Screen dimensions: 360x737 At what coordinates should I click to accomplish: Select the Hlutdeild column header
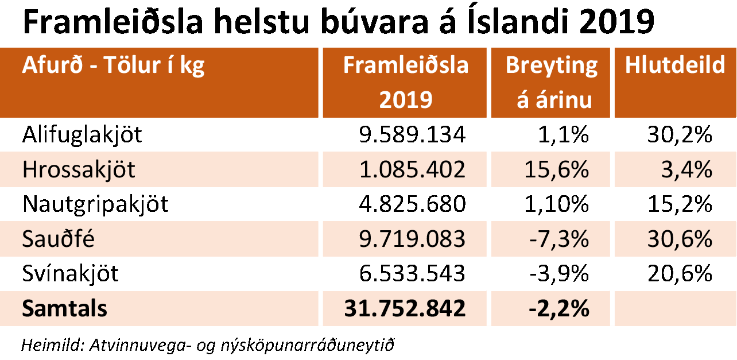click(674, 65)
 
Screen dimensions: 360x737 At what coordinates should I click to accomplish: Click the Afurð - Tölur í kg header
click(113, 65)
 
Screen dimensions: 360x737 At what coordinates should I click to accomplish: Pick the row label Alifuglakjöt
click(82, 135)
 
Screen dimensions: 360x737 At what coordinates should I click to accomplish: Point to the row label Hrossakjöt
click(79, 170)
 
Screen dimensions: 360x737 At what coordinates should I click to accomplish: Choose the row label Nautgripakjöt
click(95, 204)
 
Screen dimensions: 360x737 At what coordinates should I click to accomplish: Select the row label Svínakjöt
click(70, 274)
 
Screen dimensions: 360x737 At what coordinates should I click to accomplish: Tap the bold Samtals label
click(64, 309)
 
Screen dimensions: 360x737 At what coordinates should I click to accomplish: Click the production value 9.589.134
click(412, 135)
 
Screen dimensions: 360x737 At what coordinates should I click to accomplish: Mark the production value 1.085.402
click(412, 170)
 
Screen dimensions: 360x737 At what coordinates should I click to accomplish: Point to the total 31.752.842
click(405, 309)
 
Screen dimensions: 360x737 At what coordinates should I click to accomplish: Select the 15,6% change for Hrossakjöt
click(557, 170)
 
